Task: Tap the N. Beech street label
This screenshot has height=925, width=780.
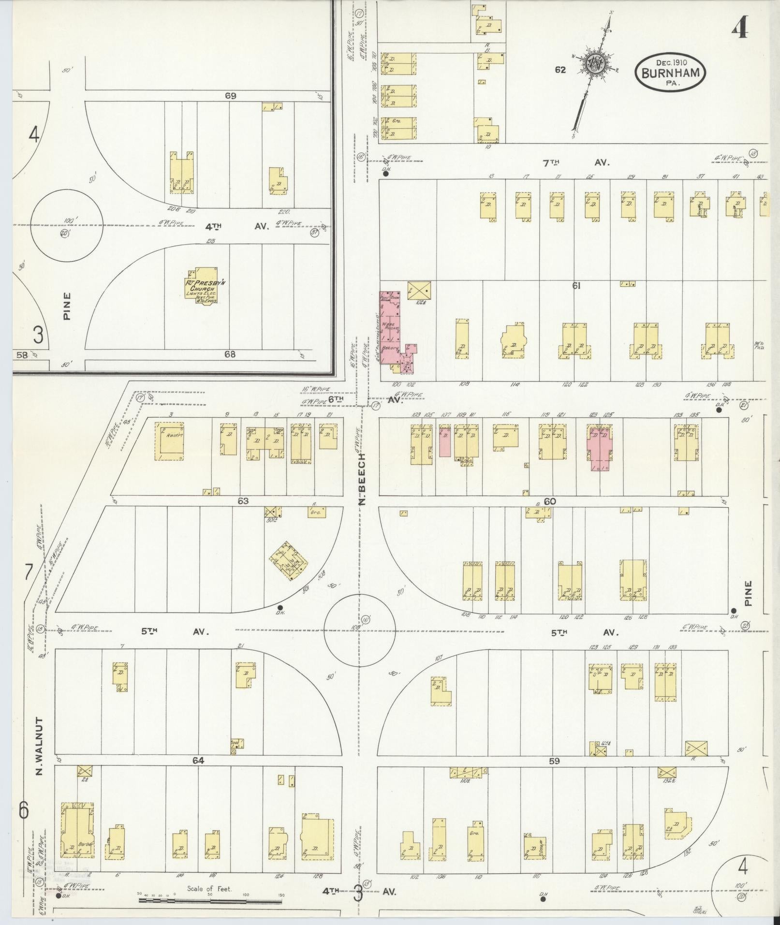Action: point(364,479)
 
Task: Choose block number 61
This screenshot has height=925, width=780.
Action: point(576,286)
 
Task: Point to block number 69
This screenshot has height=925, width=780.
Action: point(230,96)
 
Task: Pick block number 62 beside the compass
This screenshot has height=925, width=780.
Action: point(560,70)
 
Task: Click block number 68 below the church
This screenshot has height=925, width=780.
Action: point(230,354)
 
